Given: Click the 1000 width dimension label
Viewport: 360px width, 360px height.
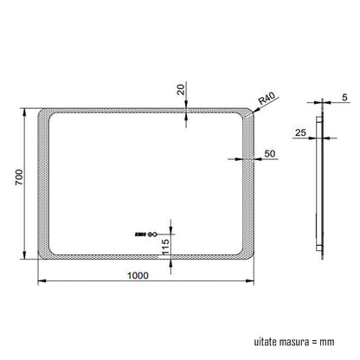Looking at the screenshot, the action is click(x=138, y=275).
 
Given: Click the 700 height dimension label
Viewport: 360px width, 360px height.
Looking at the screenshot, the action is click(x=19, y=177).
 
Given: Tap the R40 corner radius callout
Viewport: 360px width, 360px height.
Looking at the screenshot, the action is click(x=267, y=99).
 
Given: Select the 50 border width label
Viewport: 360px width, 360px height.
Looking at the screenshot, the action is click(x=270, y=153).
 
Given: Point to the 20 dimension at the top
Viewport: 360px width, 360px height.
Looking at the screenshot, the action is click(x=181, y=89).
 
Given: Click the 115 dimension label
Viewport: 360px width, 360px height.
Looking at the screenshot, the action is click(x=165, y=247).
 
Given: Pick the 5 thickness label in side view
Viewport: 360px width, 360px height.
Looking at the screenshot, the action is click(x=344, y=98).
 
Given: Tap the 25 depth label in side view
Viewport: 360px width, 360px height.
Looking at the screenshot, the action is click(x=300, y=132).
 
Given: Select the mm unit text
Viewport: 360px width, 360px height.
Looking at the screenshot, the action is click(x=327, y=343).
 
